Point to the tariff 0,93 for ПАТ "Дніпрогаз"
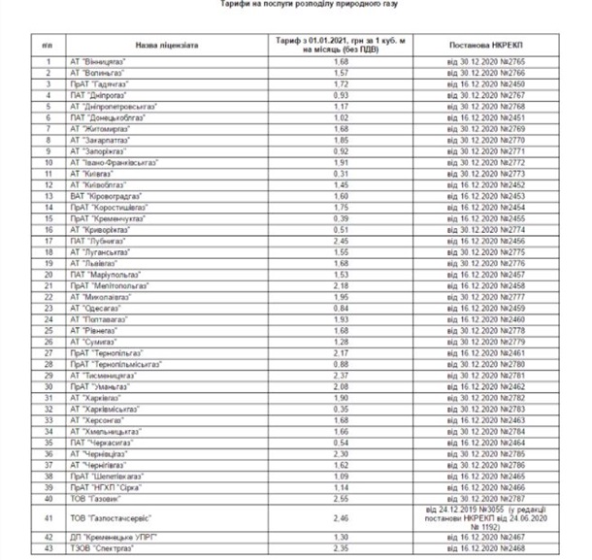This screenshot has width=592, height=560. [x=341, y=95]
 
